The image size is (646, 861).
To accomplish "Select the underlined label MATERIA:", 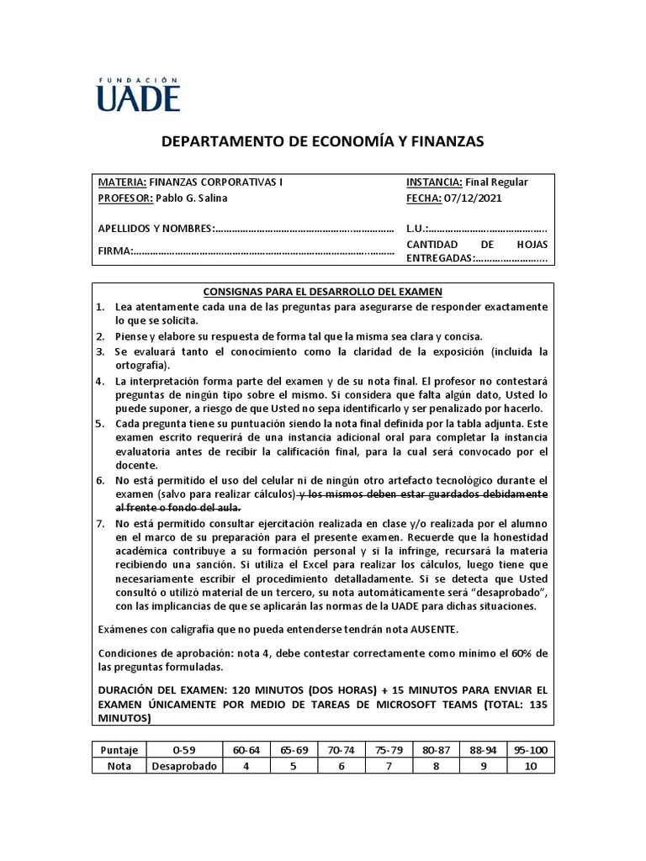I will [x=123, y=182].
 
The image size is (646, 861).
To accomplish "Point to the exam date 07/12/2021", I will [x=474, y=198].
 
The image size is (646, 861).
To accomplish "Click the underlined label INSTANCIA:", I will [x=434, y=182].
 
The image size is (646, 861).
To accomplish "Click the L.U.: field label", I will [x=417, y=229].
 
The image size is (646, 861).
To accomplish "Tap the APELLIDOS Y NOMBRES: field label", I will [x=156, y=229].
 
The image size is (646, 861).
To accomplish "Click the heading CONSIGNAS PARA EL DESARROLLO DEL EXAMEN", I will [x=323, y=292].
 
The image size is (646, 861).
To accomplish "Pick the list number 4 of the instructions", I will [x=99, y=381].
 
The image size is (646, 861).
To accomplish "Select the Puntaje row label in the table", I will [x=119, y=750].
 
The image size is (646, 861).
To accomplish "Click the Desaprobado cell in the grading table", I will [x=184, y=766].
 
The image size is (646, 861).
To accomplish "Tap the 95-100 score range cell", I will [x=532, y=750].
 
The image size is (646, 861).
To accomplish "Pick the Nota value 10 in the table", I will [x=532, y=766].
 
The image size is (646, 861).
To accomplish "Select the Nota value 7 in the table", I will [x=389, y=766].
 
